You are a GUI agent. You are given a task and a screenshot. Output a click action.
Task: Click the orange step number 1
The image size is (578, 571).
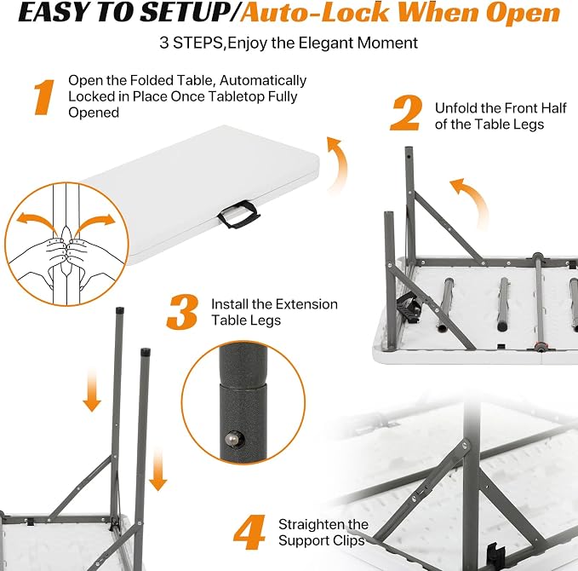click(44, 97)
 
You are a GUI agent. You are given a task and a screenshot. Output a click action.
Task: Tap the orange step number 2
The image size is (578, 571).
click(406, 113)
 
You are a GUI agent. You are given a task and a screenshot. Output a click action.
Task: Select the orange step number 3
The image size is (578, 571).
click(182, 312)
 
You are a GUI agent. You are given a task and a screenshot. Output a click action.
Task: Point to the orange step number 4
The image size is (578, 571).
click(249, 533)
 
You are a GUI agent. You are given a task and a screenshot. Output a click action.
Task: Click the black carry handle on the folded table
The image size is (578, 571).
click(239, 214)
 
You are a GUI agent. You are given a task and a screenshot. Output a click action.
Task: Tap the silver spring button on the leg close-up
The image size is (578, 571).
click(232, 439)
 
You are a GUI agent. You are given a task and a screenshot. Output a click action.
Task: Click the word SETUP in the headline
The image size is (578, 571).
click(186, 13)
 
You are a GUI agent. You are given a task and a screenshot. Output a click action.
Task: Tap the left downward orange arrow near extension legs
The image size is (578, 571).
click(92, 391)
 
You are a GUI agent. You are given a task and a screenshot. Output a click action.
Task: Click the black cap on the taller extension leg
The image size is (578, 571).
click(120, 310)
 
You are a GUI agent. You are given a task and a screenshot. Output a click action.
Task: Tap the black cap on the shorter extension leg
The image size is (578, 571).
click(146, 351)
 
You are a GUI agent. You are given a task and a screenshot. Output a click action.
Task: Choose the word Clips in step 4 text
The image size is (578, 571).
click(349, 540)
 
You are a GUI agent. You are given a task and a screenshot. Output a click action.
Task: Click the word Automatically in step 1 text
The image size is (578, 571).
click(263, 80)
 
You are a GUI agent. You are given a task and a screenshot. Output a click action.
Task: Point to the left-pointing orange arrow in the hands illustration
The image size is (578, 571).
click(37, 221)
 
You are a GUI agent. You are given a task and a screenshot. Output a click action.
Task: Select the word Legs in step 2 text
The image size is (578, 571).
click(529, 124)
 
